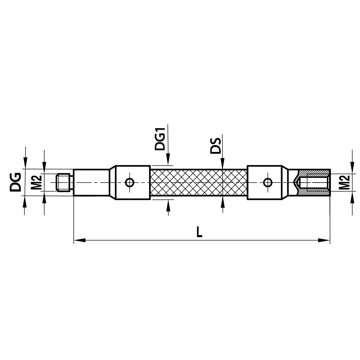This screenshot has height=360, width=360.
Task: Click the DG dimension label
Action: (x=15, y=182)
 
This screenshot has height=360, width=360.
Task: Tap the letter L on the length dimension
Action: (x=199, y=232)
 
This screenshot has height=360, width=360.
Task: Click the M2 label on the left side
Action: (x=35, y=183)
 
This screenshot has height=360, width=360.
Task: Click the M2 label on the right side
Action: (x=345, y=183)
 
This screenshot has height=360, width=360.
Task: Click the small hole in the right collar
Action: (x=267, y=183)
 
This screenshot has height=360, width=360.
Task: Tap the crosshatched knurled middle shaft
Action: (x=198, y=183)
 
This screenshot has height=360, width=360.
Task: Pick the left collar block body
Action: (x=139, y=183)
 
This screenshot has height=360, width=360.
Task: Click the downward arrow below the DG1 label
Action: (x=168, y=161)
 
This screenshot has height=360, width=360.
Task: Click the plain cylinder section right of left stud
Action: (x=91, y=183)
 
